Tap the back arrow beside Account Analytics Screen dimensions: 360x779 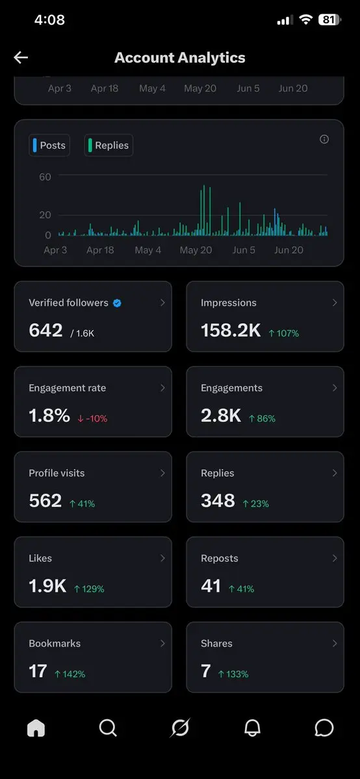20,58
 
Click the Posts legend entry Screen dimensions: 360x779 49,146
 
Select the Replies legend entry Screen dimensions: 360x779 109,146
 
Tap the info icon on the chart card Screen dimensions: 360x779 324,139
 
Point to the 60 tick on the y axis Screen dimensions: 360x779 45,177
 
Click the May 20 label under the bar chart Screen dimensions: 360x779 196,250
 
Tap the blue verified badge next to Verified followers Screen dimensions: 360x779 117,303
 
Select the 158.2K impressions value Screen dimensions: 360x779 231,331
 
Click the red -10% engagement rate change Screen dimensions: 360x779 92,419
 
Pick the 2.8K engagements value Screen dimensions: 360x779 221,416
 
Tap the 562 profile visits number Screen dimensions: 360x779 45,501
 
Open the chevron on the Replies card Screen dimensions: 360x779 335,473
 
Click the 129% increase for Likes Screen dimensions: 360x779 89,589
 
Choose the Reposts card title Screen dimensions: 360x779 219,558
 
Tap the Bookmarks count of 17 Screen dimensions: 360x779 38,671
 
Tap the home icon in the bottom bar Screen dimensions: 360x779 36,728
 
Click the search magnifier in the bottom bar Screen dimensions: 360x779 108,728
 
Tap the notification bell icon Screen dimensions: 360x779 252,728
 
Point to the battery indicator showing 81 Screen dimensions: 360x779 329,20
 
